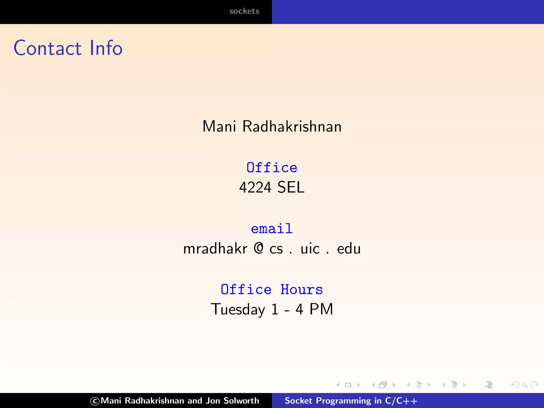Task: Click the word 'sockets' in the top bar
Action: click(244, 11)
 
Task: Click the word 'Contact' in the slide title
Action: click(48, 48)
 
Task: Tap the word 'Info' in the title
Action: click(106, 48)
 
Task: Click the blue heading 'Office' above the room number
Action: click(272, 168)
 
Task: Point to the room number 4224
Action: click(255, 187)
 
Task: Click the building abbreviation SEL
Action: click(291, 187)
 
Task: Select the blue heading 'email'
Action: click(272, 229)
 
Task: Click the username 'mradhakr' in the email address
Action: click(215, 249)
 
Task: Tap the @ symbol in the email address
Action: click(258, 248)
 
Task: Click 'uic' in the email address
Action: click(310, 249)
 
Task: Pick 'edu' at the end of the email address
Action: click(349, 249)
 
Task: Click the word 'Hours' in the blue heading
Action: click(302, 290)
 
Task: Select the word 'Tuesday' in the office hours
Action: click(238, 309)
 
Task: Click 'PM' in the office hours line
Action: click(321, 309)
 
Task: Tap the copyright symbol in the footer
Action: click(95, 401)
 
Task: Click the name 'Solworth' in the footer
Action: click(241, 401)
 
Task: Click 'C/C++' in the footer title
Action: click(401, 401)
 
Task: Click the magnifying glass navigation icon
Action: click(525, 385)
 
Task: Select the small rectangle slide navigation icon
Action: click(348, 385)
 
